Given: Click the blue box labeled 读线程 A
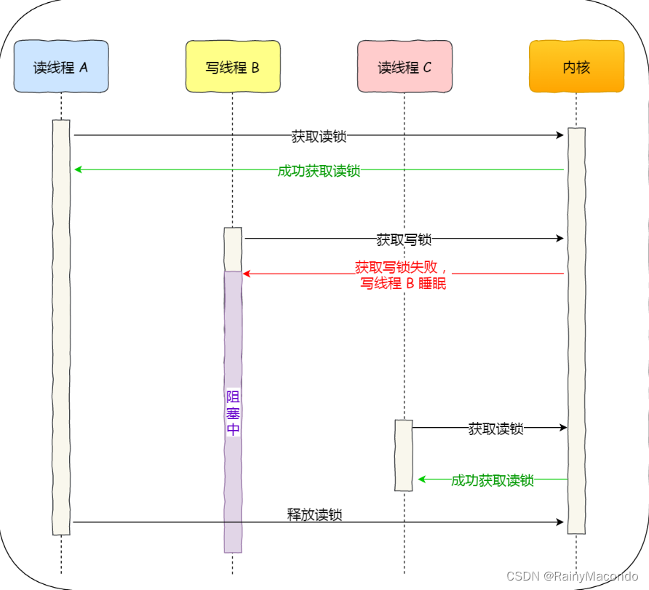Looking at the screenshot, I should click(x=61, y=67).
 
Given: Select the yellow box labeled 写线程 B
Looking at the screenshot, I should click(x=233, y=67).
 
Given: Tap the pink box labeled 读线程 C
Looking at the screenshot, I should click(x=405, y=67).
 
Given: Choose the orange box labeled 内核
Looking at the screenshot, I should click(x=576, y=67).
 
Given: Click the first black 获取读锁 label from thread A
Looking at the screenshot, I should click(x=319, y=135).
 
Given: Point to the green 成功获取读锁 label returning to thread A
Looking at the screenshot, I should click(x=319, y=171).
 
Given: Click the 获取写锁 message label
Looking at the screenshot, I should click(x=404, y=239).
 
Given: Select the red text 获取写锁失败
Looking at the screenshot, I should click(x=401, y=267).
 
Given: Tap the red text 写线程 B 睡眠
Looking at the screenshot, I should click(x=403, y=284).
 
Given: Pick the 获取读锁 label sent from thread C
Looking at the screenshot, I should click(x=495, y=428).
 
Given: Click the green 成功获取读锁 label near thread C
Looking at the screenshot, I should click(x=493, y=480).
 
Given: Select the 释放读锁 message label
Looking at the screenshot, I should click(x=314, y=515).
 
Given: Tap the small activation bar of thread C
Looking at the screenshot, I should click(x=404, y=455).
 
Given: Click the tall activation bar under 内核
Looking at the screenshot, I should click(x=576, y=327).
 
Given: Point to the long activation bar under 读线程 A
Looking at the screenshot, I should click(x=61, y=327).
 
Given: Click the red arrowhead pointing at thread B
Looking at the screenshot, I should click(x=247, y=274).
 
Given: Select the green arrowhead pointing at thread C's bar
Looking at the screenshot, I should click(x=422, y=479).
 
